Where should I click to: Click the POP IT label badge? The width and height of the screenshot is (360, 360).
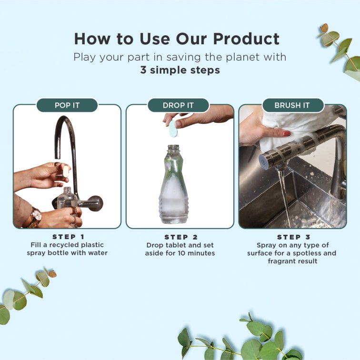pos(67,105)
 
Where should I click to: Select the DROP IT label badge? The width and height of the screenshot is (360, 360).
pos(179,105)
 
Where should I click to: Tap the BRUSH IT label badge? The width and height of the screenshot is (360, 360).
pos(292,105)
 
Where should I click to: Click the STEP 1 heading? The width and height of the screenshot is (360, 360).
pos(67,237)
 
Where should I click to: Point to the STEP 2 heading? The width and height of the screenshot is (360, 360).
pos(180,237)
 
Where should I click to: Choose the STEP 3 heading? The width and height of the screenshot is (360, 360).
pos(292,237)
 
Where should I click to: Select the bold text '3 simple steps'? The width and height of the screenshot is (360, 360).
pos(180,70)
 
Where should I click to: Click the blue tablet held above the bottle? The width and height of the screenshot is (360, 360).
pos(172,128)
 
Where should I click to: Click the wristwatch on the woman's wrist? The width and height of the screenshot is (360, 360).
pos(35,217)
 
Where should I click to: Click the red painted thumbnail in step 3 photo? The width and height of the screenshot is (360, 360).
pos(287,133)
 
